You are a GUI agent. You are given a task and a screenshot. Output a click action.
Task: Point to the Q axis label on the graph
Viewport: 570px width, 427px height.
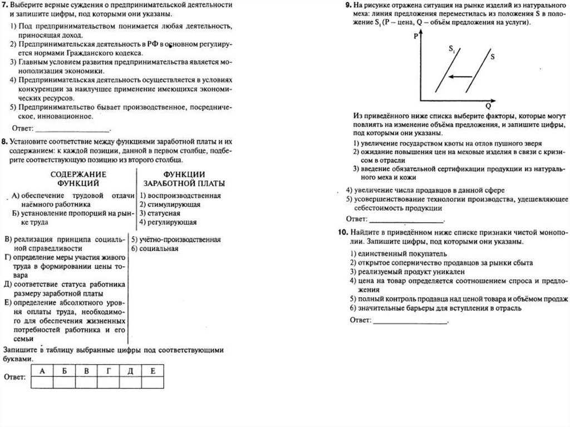[488, 105]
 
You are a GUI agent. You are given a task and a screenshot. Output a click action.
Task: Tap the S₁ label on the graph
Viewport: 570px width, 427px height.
[451, 50]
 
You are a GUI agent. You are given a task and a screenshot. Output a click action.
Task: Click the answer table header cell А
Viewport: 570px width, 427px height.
[42, 370]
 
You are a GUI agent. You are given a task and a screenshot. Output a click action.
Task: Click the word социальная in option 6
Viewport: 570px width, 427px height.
[159, 248]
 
